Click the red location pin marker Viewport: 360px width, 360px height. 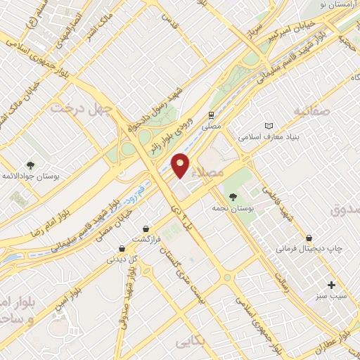coord(181,165)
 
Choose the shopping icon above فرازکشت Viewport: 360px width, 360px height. coord(146,229)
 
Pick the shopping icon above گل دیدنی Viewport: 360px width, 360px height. coord(122,247)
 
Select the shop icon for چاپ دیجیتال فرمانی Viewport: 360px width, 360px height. coord(308,238)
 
